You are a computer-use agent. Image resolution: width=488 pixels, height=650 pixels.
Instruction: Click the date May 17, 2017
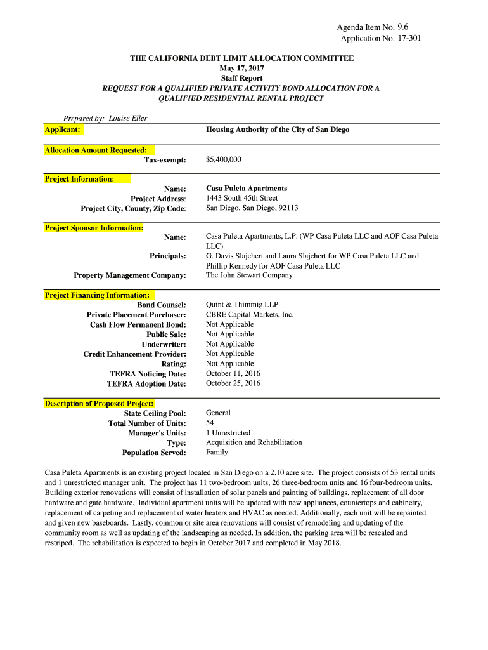point(242,68)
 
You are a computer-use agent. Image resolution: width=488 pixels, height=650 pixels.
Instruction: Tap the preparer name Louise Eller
point(128,119)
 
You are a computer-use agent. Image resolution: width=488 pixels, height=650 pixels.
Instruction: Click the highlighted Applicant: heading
point(63,129)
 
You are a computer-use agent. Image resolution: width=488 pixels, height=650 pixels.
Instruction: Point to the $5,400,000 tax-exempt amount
point(223,159)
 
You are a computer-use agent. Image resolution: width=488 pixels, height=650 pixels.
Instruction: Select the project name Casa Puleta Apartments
point(247,189)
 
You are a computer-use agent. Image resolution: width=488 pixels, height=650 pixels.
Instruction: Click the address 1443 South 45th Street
point(242,198)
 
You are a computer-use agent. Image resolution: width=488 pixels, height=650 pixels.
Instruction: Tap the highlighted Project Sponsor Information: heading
point(94,227)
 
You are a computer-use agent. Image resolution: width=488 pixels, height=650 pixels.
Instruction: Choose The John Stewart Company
point(249,275)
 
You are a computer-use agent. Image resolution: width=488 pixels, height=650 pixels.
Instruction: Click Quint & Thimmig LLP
point(242,305)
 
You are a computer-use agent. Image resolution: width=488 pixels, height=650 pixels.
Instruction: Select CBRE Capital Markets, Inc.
point(250,314)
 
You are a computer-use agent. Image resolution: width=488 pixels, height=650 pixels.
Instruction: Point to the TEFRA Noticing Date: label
point(148,374)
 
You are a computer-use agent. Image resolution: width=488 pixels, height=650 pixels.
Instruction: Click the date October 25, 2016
point(233,383)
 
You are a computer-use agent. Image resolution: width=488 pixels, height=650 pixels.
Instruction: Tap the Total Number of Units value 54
point(210,423)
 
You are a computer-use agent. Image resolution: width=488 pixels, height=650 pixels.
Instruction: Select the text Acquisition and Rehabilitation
point(254,442)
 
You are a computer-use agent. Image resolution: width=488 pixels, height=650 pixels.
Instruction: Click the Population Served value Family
point(217,453)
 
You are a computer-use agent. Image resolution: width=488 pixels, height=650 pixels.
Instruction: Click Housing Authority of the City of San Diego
point(278,129)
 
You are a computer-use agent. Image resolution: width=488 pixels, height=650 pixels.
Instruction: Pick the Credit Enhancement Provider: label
point(134,354)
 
